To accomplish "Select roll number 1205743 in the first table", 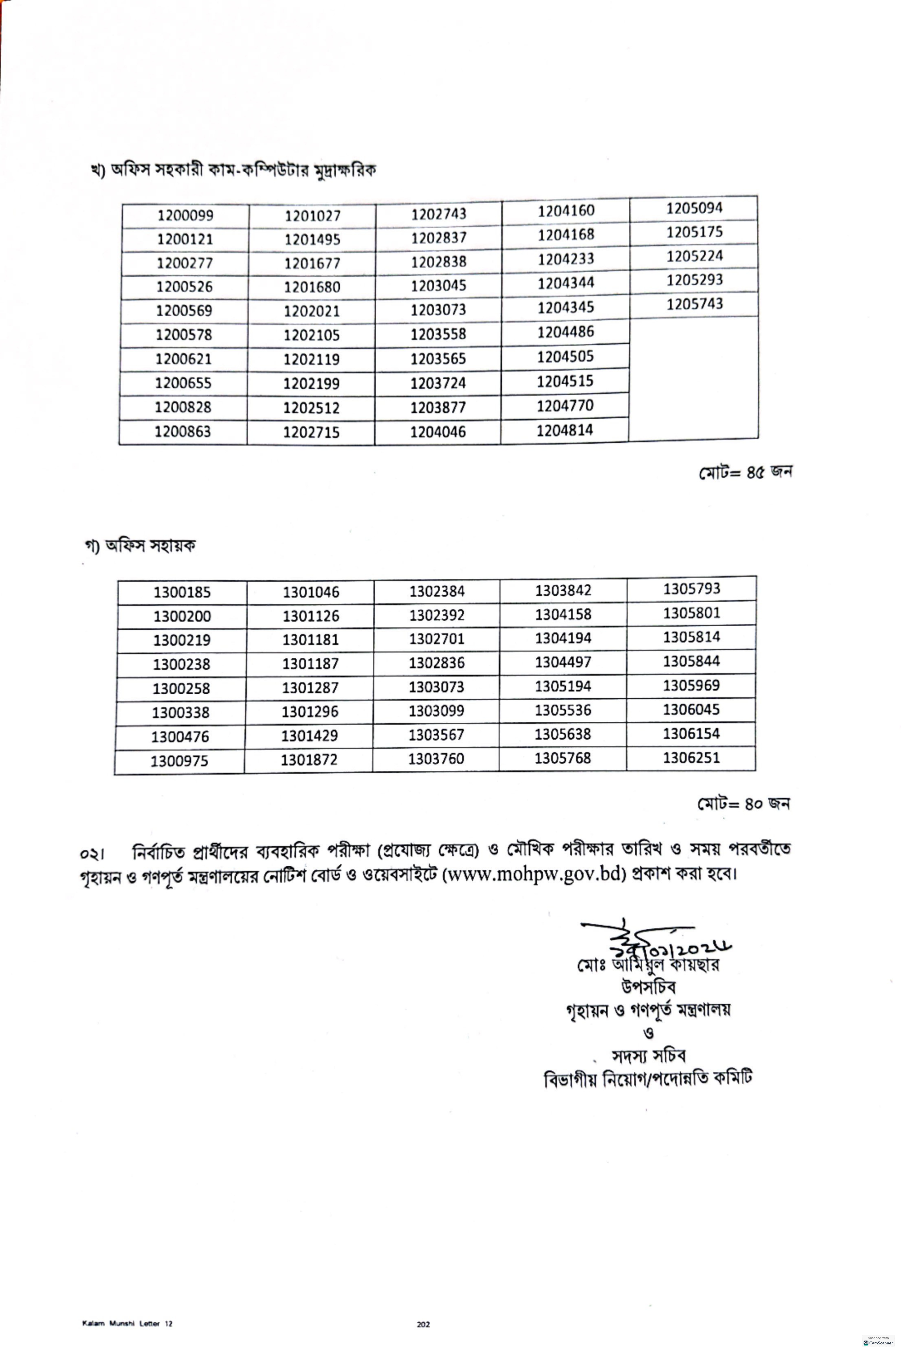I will (x=694, y=304).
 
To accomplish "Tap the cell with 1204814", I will (x=565, y=430).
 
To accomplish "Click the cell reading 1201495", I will (x=312, y=240).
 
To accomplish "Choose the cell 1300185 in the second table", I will (x=182, y=592).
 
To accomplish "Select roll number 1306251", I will (x=691, y=757).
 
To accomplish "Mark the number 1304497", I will (x=563, y=662).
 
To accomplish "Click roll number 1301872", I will (x=309, y=760).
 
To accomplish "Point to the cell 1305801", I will (x=691, y=613).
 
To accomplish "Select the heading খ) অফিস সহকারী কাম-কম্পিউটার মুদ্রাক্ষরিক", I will (x=233, y=171).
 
